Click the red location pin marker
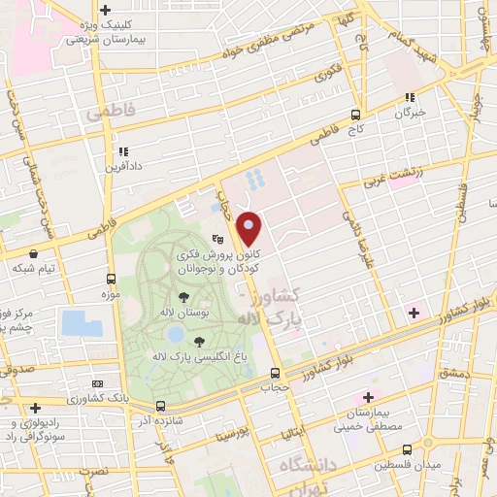coord(249,229)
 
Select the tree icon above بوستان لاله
coord(184,298)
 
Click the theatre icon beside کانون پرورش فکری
coord(218,236)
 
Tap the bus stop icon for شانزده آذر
coord(160,407)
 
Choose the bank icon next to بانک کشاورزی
coord(95,384)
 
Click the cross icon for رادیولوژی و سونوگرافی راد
coord(35,408)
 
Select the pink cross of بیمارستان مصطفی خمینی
coord(367,397)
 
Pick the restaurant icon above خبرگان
coord(409,97)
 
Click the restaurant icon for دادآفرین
coord(123,151)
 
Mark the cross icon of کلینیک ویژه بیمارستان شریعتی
coord(105,11)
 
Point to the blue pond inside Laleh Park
coord(175,334)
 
